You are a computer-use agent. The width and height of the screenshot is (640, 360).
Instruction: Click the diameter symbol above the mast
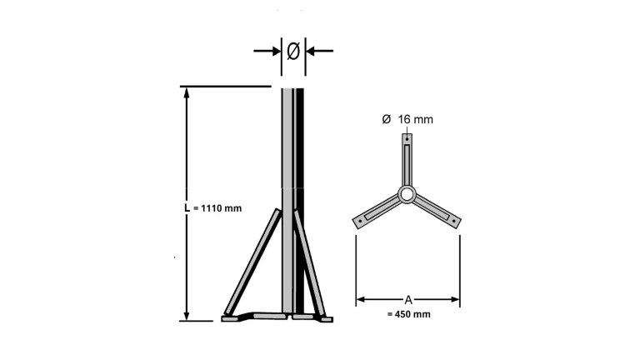[x=293, y=51]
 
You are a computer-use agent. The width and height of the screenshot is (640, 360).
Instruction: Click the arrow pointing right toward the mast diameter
[x=267, y=51]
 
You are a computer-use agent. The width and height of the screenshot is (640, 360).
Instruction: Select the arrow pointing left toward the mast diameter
[x=320, y=51]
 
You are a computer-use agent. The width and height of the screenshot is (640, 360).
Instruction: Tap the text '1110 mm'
[x=222, y=208]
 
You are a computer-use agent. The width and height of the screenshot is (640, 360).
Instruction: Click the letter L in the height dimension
[x=187, y=207]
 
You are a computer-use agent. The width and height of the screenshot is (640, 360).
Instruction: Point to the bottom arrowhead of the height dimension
[x=187, y=316]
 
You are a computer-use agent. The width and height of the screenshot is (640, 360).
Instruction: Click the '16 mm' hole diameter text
[x=416, y=119]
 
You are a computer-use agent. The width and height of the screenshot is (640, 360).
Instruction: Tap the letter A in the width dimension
[x=408, y=300]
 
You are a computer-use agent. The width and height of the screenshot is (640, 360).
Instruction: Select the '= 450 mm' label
[x=408, y=314]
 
